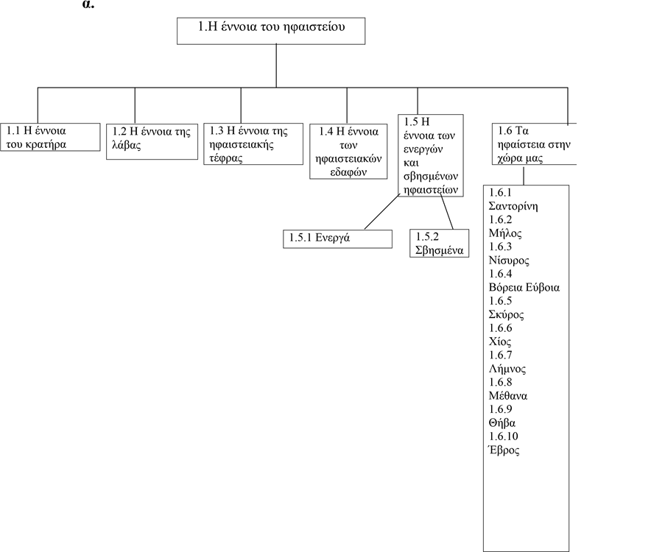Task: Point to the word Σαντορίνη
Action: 513,207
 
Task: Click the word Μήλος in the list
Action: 505,233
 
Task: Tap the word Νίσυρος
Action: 509,261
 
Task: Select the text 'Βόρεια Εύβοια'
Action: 524,288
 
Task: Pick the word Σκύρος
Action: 507,314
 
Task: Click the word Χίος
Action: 500,342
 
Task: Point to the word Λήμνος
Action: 507,369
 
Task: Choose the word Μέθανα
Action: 508,396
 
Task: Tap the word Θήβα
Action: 502,423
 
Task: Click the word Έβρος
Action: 504,450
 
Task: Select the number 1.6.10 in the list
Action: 504,436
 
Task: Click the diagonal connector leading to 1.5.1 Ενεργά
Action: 381,212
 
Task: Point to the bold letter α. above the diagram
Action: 88,4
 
